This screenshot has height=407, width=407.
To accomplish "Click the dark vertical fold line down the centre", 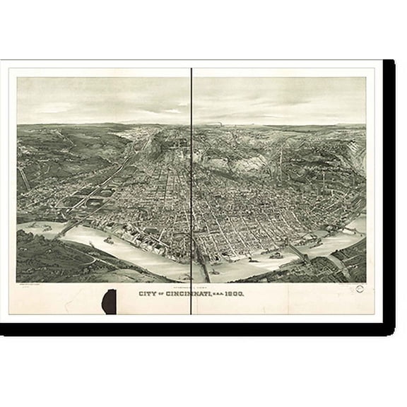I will (x=191, y=177).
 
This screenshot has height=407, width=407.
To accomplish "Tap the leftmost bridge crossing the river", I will (x=66, y=228).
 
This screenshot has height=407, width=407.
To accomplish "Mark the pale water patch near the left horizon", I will (x=126, y=132).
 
